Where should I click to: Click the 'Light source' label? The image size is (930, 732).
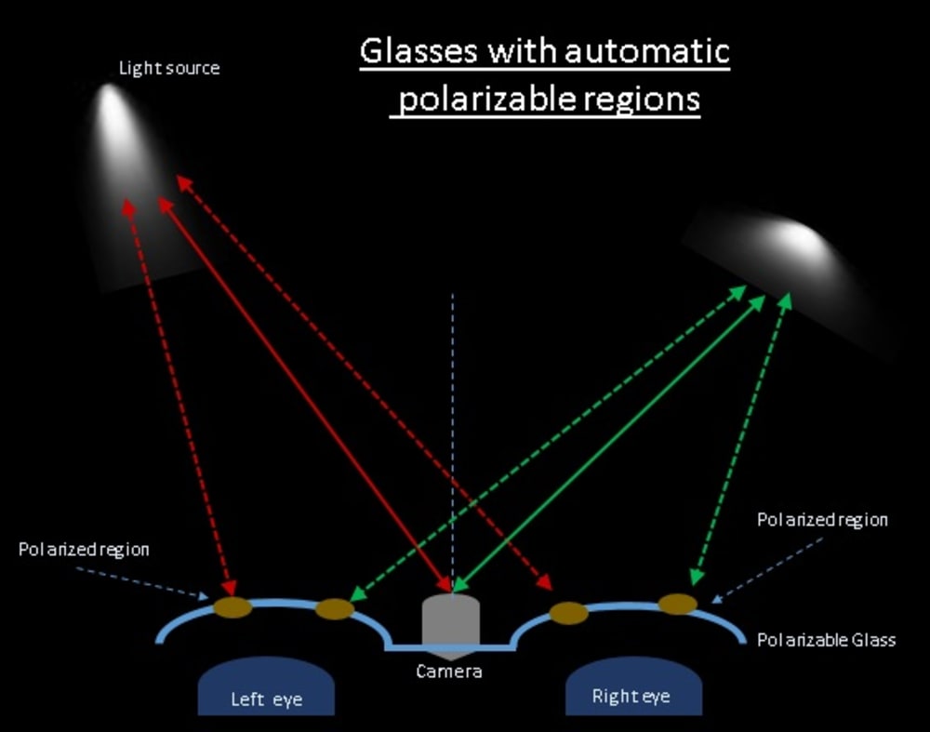169,69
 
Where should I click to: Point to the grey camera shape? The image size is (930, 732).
451,620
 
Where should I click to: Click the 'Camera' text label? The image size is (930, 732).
449,671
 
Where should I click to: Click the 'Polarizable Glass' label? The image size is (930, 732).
826,640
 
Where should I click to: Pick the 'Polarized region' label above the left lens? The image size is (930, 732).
84,550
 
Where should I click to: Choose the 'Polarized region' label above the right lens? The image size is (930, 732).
822,520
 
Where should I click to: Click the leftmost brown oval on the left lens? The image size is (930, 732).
232,607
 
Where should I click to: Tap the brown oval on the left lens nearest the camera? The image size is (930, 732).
335,609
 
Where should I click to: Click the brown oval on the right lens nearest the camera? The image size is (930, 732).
568,613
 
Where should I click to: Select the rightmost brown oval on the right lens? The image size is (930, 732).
678,604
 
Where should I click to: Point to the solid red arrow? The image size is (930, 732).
307,395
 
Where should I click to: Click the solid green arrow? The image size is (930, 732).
604,446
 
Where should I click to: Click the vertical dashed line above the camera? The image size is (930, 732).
453,419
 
